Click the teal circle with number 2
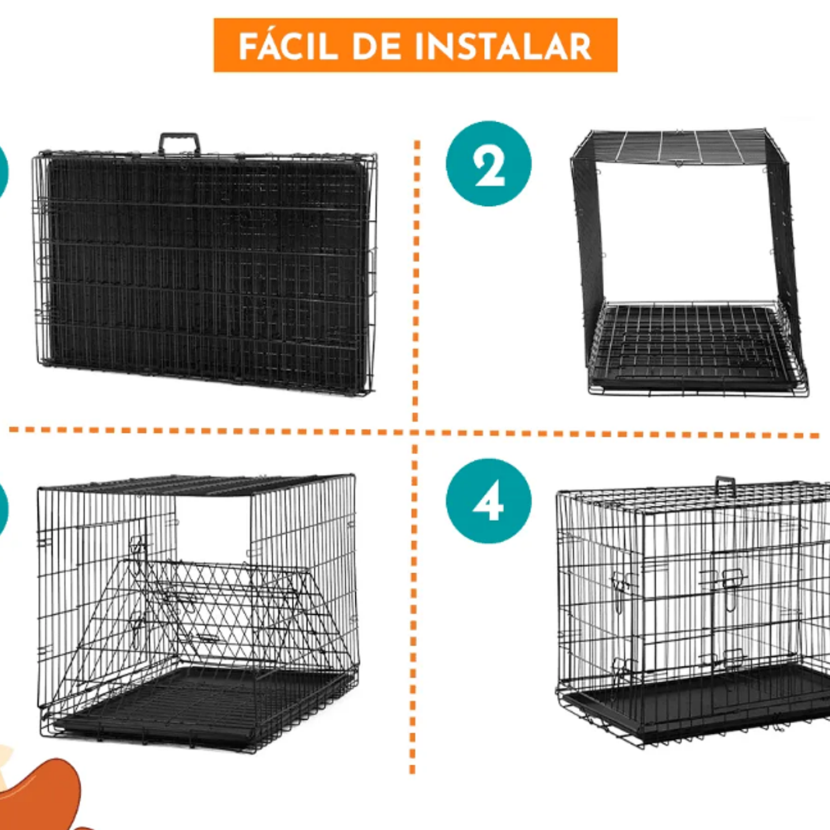point(488,164)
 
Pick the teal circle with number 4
point(488,501)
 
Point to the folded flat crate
point(205,271)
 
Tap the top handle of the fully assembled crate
point(725,485)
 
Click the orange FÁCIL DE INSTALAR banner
point(415,45)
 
